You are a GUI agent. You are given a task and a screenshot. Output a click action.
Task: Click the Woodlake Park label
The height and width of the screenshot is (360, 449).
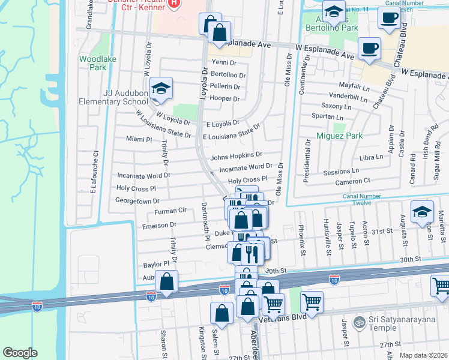[92, 64]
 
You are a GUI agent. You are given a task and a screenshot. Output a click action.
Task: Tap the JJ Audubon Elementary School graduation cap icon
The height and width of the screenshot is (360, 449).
[161, 89]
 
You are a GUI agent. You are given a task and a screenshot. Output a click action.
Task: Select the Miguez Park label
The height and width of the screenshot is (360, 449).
[340, 136]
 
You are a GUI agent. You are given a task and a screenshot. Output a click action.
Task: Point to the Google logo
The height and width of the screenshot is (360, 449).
[20, 353]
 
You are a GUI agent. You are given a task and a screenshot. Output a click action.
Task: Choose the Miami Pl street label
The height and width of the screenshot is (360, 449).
[139, 139]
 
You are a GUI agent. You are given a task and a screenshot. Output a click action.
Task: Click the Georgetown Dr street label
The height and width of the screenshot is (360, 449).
[137, 201]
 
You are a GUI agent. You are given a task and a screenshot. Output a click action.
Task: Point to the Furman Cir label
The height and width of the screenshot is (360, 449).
[171, 211]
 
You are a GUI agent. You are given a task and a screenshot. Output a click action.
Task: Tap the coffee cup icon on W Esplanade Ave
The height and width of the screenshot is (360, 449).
[369, 48]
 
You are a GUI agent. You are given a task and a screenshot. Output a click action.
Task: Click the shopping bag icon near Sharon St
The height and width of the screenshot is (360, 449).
[166, 281]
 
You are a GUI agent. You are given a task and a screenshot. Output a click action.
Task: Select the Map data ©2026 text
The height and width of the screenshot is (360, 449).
[423, 355]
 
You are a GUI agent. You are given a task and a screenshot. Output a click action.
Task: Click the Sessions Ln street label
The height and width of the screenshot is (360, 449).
[340, 172]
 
